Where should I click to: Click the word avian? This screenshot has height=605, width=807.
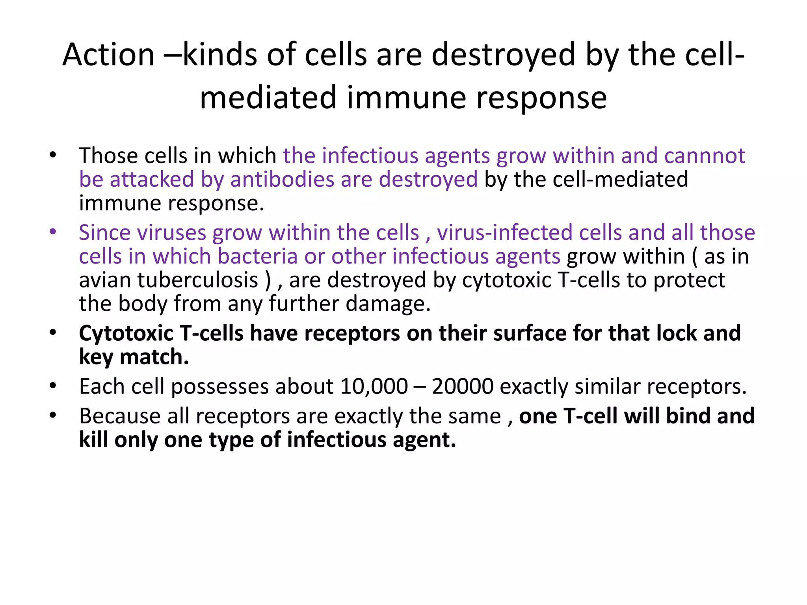pos(105,280)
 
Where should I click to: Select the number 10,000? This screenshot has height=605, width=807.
pos(374,386)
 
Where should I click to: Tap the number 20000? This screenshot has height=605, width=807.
pos(463,386)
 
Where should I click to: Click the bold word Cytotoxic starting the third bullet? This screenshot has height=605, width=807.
pos(126,333)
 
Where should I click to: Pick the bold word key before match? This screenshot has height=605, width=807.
pos(96,357)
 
